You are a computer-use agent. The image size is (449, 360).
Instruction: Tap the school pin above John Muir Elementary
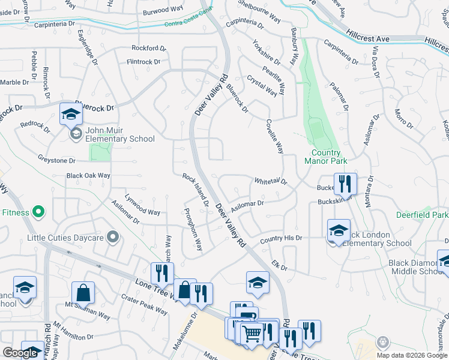71,113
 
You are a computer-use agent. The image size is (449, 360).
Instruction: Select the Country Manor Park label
326,157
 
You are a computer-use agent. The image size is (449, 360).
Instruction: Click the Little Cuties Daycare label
66,238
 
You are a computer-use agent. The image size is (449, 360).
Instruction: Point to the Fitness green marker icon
38,212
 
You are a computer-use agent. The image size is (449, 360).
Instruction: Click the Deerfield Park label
423,215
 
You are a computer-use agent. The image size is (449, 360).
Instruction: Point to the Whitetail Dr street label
271,181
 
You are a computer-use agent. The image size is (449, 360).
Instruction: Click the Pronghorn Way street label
194,230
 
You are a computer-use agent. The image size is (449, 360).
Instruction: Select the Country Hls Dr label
280,239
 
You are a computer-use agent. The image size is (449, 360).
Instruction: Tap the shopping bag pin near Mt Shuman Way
83,293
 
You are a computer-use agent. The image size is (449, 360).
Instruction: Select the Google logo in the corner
20,353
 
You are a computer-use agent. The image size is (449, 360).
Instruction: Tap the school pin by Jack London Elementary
339,230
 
